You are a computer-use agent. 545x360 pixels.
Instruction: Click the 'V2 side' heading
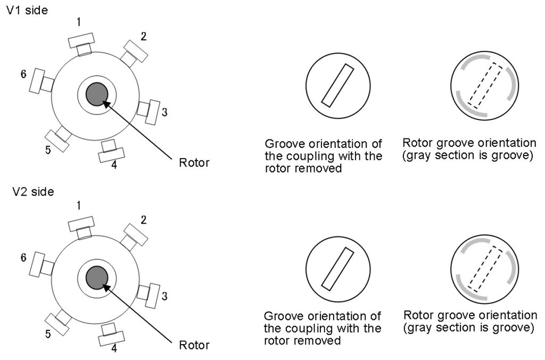[x=33, y=192]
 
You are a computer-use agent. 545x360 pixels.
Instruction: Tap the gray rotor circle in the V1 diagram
[x=97, y=94]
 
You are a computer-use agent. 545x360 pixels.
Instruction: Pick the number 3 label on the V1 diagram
[x=164, y=112]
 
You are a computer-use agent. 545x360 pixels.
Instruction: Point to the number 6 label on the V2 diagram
[x=23, y=258]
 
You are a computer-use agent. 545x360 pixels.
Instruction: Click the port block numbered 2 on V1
[x=135, y=52]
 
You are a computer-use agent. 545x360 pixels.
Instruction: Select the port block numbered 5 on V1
[x=58, y=141]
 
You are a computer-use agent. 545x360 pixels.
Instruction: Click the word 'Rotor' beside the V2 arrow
[x=194, y=345]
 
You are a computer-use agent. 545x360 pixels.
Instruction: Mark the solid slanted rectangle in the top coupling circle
[x=337, y=86]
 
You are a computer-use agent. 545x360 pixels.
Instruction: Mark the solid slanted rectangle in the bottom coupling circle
[x=337, y=269]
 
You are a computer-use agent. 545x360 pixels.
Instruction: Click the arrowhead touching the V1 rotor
[x=106, y=103]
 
